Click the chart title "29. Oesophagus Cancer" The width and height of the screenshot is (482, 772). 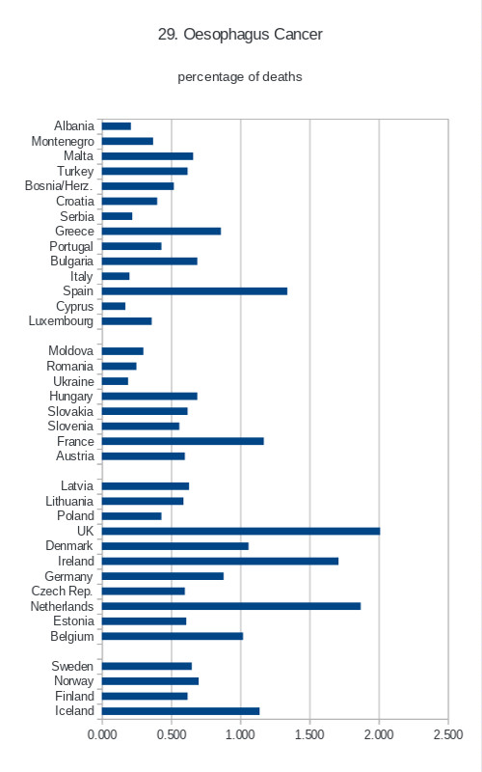click(x=240, y=35)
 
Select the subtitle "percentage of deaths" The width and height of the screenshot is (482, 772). click(x=239, y=77)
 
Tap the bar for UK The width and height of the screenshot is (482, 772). click(x=241, y=532)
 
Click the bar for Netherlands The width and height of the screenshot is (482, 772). click(x=231, y=606)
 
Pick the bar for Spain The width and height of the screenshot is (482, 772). click(x=195, y=291)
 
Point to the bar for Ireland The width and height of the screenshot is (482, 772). click(x=221, y=562)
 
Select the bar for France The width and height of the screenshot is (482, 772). click(x=183, y=441)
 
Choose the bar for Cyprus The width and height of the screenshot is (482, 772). click(x=114, y=306)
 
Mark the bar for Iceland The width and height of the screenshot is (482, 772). click(x=180, y=711)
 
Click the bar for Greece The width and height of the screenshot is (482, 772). click(x=161, y=232)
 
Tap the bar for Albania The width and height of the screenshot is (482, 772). click(x=117, y=126)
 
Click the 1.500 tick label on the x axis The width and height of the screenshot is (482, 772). click(x=309, y=734)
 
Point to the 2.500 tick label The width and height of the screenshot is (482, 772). click(x=448, y=734)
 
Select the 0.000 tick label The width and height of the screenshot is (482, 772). click(x=102, y=734)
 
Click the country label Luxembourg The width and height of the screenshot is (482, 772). click(x=61, y=321)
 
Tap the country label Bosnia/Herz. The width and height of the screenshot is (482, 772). click(x=59, y=186)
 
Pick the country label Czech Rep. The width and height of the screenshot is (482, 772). click(x=62, y=592)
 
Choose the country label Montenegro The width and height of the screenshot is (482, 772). click(x=63, y=142)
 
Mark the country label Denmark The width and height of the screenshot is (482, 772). click(x=68, y=546)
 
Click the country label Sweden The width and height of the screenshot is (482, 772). click(x=72, y=666)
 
